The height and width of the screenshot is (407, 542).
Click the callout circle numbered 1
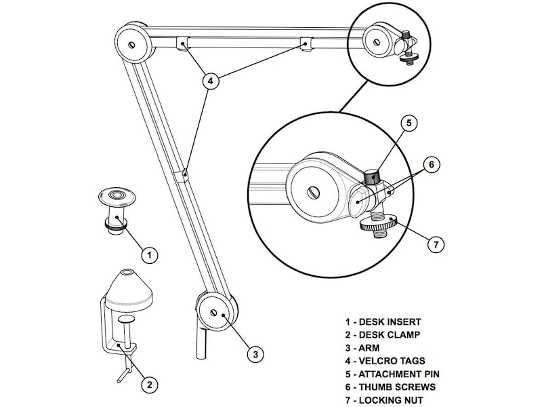click(x=149, y=255)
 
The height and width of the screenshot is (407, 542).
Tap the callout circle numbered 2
click(x=149, y=385)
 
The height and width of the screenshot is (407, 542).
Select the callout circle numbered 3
click(x=254, y=353)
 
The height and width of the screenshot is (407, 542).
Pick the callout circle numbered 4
click(x=211, y=80)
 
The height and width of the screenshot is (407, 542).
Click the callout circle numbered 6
click(x=430, y=163)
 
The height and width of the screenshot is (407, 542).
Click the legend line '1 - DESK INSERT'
click(x=383, y=322)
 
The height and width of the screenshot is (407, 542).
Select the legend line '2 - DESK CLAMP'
click(x=383, y=334)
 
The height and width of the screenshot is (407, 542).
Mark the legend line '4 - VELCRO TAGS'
click(x=386, y=361)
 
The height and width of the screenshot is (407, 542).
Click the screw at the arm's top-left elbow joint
click(x=131, y=46)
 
